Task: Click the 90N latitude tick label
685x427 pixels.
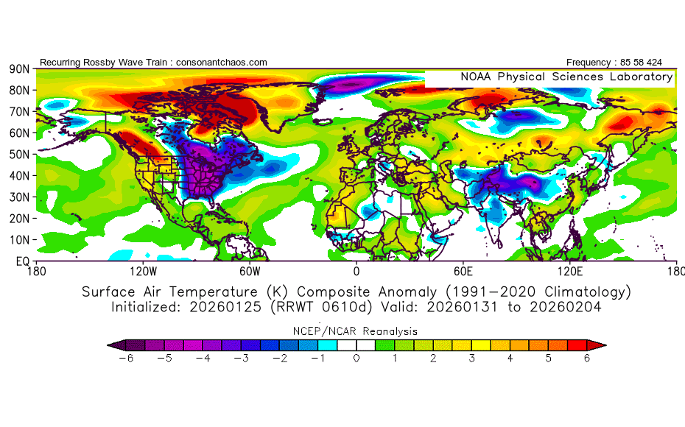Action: click(19, 69)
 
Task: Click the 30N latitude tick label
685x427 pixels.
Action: click(19, 197)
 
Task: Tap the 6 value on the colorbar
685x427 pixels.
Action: click(587, 359)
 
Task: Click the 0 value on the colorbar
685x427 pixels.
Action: click(356, 359)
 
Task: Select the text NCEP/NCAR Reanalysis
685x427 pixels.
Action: click(356, 331)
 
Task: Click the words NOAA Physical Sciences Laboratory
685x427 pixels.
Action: click(566, 77)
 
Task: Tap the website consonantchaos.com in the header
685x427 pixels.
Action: click(222, 63)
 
